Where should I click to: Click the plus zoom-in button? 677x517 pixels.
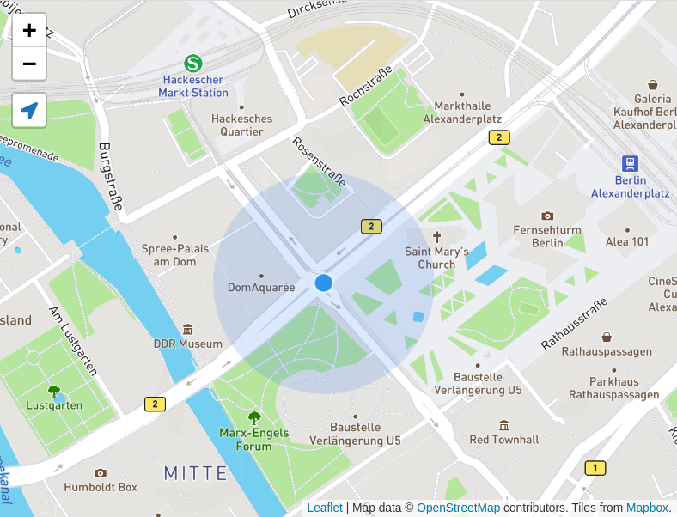click(29, 31)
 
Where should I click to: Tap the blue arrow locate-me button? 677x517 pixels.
click(29, 111)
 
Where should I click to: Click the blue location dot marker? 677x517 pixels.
click(324, 283)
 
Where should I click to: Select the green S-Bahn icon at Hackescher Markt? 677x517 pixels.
click(193, 63)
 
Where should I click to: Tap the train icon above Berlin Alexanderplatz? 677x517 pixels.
click(630, 163)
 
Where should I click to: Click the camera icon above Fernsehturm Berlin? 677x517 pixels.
click(547, 216)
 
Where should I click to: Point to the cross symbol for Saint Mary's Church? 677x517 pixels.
click(436, 236)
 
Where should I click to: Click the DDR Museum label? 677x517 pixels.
click(188, 344)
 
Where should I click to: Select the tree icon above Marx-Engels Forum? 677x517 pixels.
click(254, 417)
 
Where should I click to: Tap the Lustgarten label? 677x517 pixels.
click(54, 404)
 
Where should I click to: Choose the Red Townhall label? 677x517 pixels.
click(504, 439)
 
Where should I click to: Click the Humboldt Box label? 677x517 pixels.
click(101, 487)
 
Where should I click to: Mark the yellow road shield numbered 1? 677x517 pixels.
click(595, 468)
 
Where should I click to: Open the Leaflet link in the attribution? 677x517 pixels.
click(325, 508)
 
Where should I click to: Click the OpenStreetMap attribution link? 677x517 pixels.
click(458, 508)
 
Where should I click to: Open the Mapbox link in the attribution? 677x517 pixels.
click(646, 508)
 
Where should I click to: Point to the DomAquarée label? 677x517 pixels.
click(261, 288)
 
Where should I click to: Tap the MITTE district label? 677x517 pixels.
click(196, 473)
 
